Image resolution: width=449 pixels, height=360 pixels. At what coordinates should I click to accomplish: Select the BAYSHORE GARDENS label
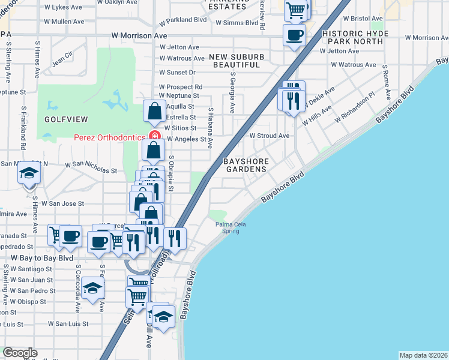pyautogui.click(x=244, y=166)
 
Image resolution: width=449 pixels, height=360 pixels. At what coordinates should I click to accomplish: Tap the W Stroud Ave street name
pyautogui.click(x=270, y=136)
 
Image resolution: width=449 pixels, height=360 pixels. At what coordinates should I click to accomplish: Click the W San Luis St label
pyautogui.click(x=68, y=323)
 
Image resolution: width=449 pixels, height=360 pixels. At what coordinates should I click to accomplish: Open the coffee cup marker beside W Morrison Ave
pyautogui.click(x=294, y=35)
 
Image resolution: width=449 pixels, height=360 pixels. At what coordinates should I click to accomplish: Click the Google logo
pyautogui.click(x=20, y=353)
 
